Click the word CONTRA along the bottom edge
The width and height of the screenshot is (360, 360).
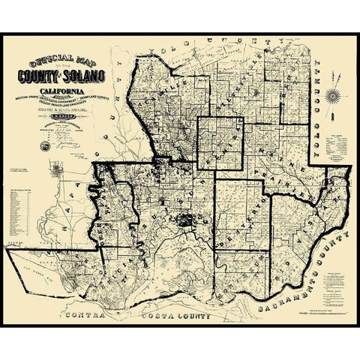coord(88,316)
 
